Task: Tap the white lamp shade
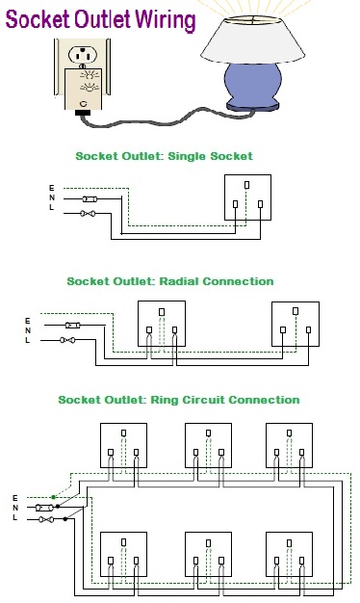pyautogui.click(x=252, y=40)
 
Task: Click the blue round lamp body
pyautogui.click(x=252, y=83)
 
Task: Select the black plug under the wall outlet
pyautogui.click(x=83, y=113)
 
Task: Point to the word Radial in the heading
pyautogui.click(x=179, y=281)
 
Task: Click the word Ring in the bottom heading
pyautogui.click(x=164, y=400)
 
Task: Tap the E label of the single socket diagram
pyautogui.click(x=51, y=188)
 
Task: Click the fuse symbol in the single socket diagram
pyautogui.click(x=90, y=198)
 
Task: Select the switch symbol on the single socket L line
pyautogui.click(x=88, y=213)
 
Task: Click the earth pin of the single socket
pyautogui.click(x=246, y=185)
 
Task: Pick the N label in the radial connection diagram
pyautogui.click(x=28, y=330)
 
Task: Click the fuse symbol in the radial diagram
pyautogui.click(x=72, y=326)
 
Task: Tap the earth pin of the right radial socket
pyautogui.click(x=296, y=311)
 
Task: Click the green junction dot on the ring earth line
pyautogui.click(x=53, y=497)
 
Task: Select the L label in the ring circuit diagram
pyautogui.click(x=14, y=517)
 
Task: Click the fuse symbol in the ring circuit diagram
pyautogui.click(x=44, y=508)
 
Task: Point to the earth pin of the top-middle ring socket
pyautogui.click(x=208, y=433)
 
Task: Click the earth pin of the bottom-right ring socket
pyautogui.click(x=289, y=543)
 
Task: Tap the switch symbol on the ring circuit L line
pyautogui.click(x=46, y=519)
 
